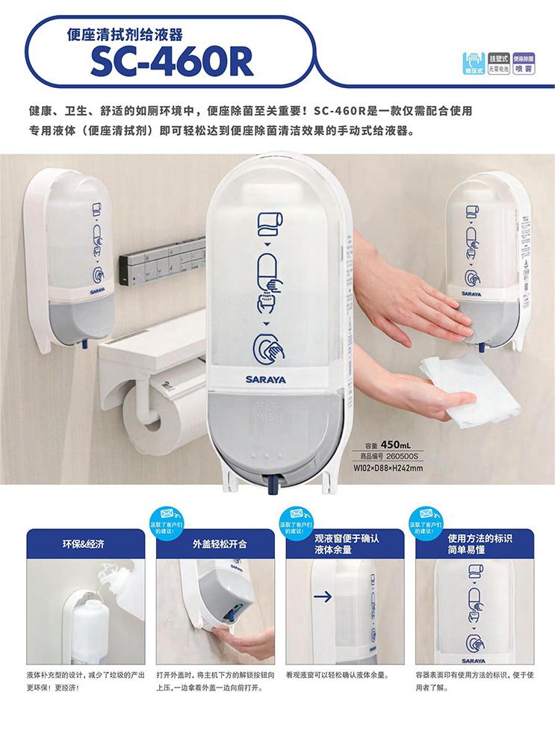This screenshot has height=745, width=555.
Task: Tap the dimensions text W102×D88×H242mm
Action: (x=388, y=468)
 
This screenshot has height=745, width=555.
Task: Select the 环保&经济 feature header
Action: (x=83, y=543)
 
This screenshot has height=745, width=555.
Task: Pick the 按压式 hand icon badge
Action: (x=473, y=62)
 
